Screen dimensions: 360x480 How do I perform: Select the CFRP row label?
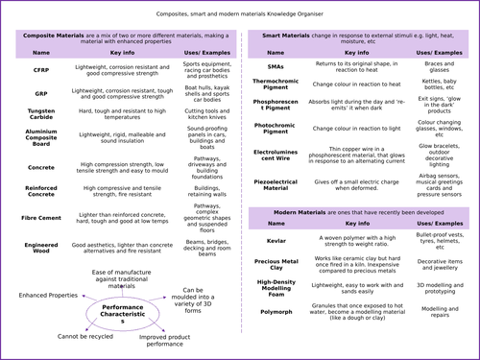[41, 71]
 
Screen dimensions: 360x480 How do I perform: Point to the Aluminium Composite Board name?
[41, 137]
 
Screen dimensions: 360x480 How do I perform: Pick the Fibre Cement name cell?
[41, 216]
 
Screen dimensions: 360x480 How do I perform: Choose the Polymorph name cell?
[276, 313]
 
